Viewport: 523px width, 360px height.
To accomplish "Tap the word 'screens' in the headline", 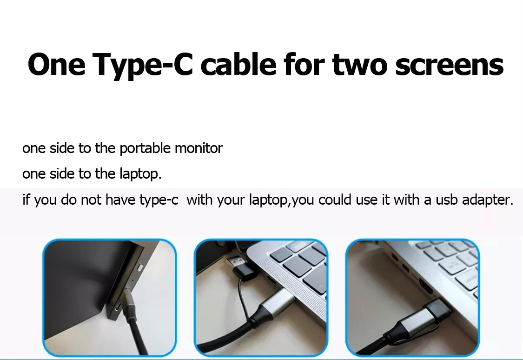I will coord(450,65).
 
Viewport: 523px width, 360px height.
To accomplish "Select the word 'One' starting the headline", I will coord(56,65).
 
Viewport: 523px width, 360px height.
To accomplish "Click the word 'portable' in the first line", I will coord(145,148).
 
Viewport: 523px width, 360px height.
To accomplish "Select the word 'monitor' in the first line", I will coord(199,148).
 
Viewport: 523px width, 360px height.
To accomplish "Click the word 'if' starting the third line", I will coord(26,200).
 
